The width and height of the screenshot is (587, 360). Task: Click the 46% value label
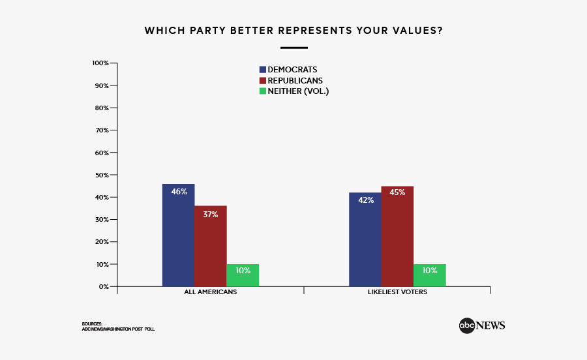179,192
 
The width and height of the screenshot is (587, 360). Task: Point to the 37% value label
210,215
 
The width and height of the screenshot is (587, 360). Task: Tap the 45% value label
397,192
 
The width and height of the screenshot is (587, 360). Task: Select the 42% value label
365,200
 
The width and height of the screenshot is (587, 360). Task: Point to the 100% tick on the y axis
100,63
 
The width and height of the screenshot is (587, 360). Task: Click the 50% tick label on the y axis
102,175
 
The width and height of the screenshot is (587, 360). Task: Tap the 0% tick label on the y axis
104,286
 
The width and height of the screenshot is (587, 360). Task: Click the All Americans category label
210,292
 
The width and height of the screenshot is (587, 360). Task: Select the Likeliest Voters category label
397,292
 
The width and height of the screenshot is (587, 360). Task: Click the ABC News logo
481,325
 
